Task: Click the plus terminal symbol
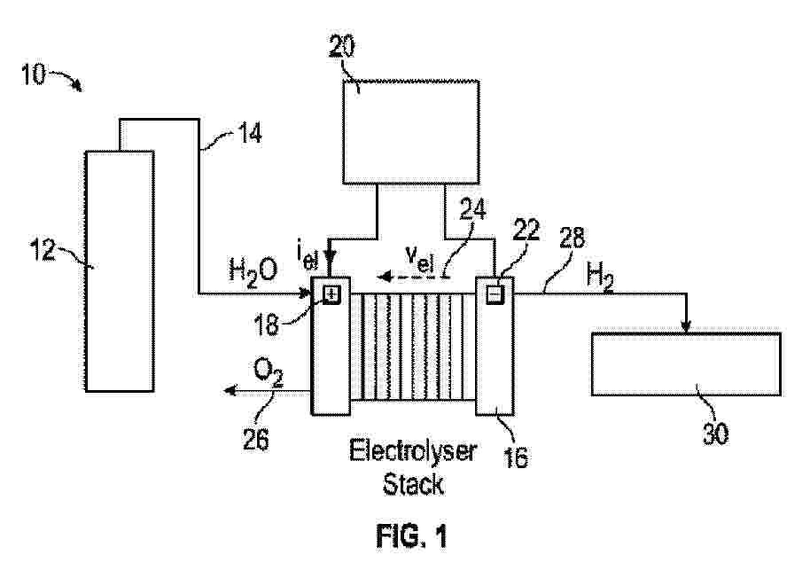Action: point(331,294)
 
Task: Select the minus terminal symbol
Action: point(494,294)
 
